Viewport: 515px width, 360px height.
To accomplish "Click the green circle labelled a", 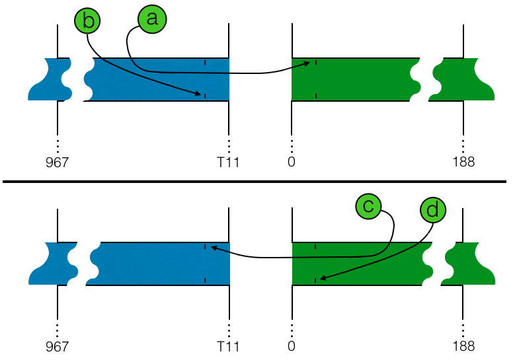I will click(x=153, y=19).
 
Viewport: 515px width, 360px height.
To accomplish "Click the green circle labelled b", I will click(x=89, y=20).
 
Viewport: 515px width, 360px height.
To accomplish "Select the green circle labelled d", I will click(x=432, y=210).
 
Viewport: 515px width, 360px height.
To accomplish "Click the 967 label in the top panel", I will click(x=58, y=162).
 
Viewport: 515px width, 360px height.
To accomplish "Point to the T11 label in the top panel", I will click(x=227, y=162).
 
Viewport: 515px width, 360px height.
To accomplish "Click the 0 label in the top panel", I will click(x=292, y=162).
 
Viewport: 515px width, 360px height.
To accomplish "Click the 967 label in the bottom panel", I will click(x=58, y=345).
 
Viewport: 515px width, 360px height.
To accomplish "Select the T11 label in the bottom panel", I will click(x=227, y=345).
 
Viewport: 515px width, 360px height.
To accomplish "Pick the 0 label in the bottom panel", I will click(x=292, y=345).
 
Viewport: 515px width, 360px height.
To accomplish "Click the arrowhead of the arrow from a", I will click(x=309, y=64).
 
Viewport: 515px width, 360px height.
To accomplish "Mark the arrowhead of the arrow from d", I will click(x=321, y=280).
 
